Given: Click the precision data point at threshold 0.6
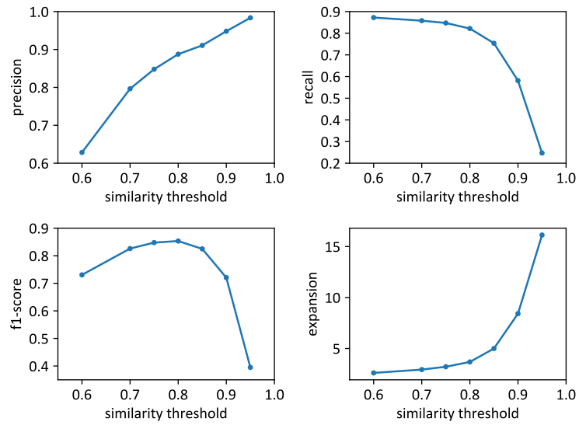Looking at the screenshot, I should (82, 152).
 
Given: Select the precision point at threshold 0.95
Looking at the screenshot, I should (250, 18).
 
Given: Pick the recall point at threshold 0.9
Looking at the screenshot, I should (518, 81).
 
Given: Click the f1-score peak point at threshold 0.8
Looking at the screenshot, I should (178, 241).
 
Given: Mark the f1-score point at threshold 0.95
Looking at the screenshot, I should (250, 368).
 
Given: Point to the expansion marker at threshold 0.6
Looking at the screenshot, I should (374, 373).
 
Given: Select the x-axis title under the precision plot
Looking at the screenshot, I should (166, 197).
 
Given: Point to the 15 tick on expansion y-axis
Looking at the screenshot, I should (335, 247).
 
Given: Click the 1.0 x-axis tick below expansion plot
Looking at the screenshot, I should (566, 394).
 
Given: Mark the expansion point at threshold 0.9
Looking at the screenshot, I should (518, 314).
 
